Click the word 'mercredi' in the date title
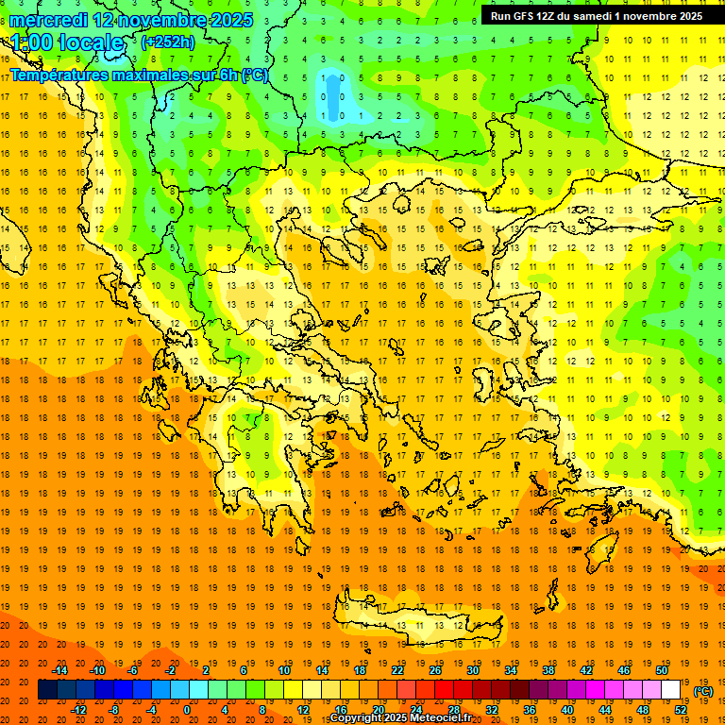click(48, 20)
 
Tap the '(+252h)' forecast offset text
click(167, 42)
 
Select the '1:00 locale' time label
click(67, 42)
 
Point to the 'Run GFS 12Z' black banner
click(596, 16)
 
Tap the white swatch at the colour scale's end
click(671, 690)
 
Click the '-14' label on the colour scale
click(59, 670)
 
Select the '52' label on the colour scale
click(681, 710)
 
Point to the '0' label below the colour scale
click(186, 710)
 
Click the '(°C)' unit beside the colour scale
click(703, 691)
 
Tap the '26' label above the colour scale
click(435, 670)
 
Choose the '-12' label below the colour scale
click(79, 710)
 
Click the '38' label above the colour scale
click(548, 670)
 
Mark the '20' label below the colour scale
click(379, 710)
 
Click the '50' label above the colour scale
click(662, 670)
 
